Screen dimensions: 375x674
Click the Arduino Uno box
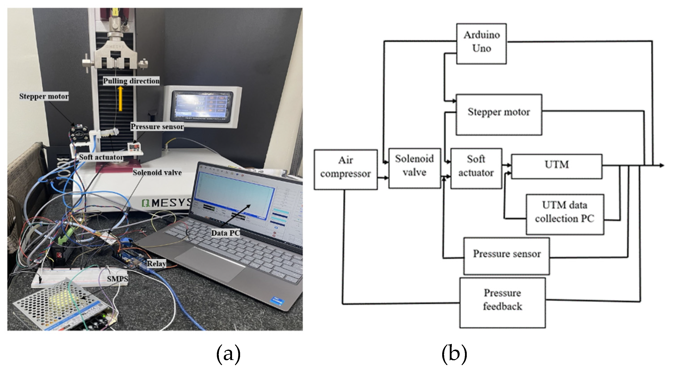point(481,44)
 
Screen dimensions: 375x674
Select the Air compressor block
point(345,169)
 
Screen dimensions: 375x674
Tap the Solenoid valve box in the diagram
point(414,168)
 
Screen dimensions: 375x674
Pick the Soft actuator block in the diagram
point(476,168)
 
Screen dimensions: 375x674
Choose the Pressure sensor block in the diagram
point(507,256)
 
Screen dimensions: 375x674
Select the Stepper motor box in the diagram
point(499,114)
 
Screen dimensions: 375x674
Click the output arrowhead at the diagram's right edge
point(661,165)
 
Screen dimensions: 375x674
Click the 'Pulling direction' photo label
point(131,81)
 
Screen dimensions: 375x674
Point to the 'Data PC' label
point(225,233)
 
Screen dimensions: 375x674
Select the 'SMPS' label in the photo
point(117,279)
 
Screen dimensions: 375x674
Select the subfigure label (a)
point(228,354)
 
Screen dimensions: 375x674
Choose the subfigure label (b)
point(454,354)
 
